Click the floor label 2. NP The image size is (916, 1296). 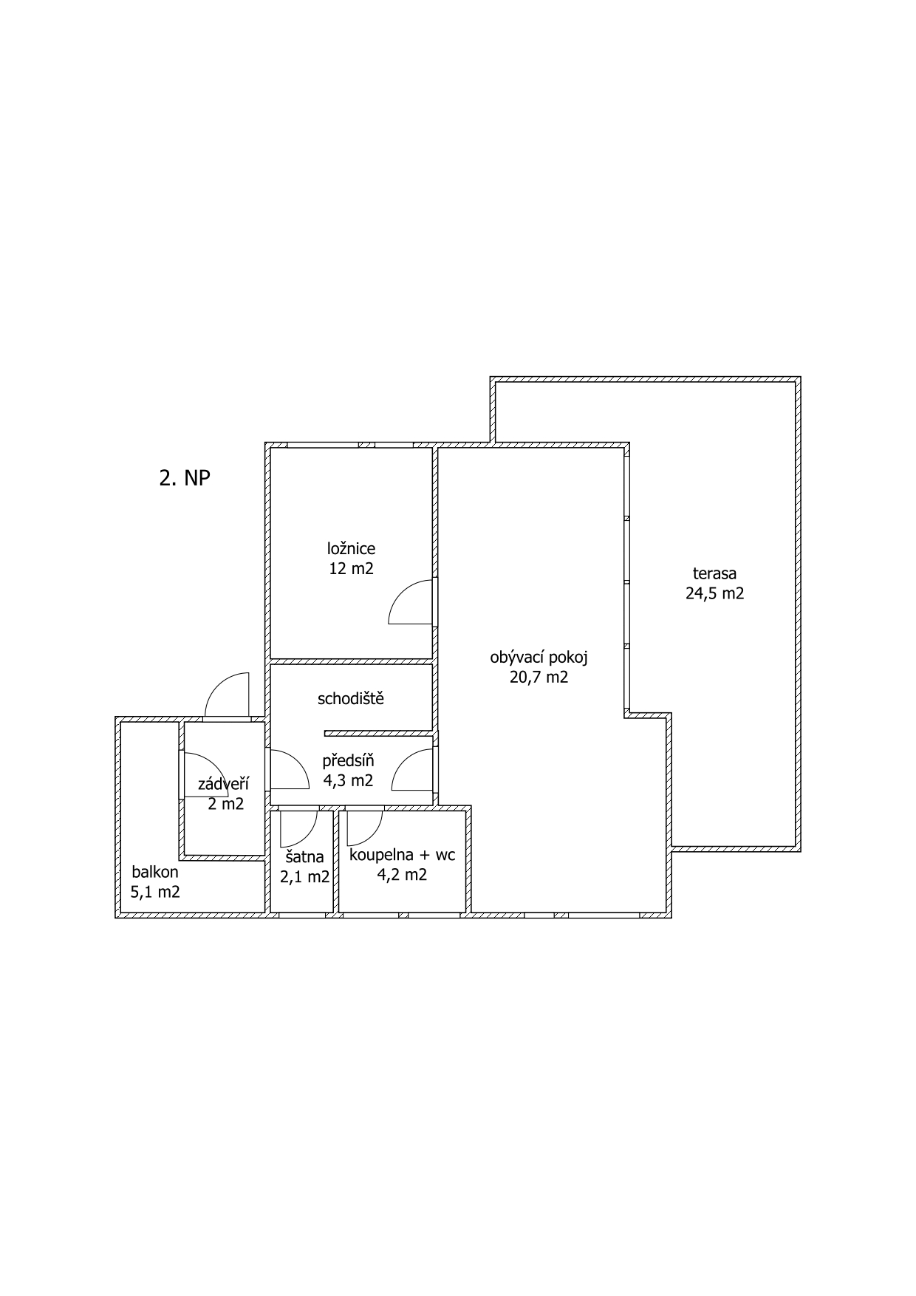pyautogui.click(x=185, y=478)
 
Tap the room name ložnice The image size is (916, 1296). pyautogui.click(x=351, y=548)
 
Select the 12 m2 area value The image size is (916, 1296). pyautogui.click(x=351, y=568)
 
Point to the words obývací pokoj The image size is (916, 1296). pyautogui.click(x=539, y=658)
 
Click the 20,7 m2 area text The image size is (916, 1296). pyautogui.click(x=539, y=677)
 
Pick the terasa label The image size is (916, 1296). pyautogui.click(x=714, y=573)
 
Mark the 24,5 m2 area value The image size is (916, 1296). pyautogui.click(x=714, y=593)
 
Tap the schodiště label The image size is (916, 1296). pyautogui.click(x=351, y=698)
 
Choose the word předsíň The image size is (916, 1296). pyautogui.click(x=348, y=760)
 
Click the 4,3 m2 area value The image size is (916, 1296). pyautogui.click(x=348, y=780)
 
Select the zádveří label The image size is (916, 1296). pyautogui.click(x=223, y=784)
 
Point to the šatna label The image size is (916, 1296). pyautogui.click(x=304, y=857)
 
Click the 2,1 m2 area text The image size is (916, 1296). pyautogui.click(x=304, y=877)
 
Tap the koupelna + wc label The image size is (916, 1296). pyautogui.click(x=402, y=856)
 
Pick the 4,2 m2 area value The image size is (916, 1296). pyautogui.click(x=402, y=875)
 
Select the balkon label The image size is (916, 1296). pyautogui.click(x=155, y=872)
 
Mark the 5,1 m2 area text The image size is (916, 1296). pyautogui.click(x=155, y=892)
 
